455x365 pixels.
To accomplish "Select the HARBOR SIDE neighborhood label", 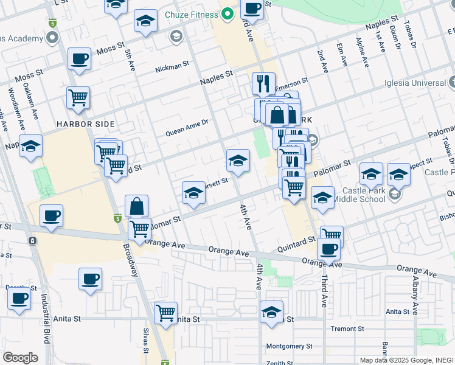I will click(86, 124).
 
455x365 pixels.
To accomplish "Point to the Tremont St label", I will click(347, 329).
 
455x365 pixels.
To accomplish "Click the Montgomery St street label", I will click(289, 346).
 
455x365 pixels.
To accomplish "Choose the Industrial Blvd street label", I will click(46, 327).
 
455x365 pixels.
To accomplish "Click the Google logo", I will click(21, 358).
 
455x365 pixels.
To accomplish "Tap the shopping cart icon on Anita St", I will click(165, 313).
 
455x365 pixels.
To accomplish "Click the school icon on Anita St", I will click(271, 312).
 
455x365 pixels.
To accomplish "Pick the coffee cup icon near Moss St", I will click(79, 60).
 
